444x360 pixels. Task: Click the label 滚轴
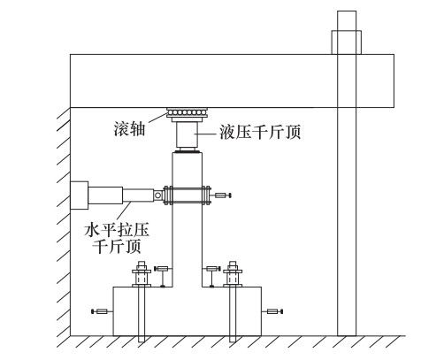click(129, 129)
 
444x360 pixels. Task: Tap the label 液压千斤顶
click(260, 132)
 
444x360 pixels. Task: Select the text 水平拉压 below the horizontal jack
click(117, 230)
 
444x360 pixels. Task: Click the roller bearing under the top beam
click(188, 112)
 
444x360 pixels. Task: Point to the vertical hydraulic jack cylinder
click(188, 134)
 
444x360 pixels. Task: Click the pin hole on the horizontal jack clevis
click(158, 195)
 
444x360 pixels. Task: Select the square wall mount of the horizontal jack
click(80, 195)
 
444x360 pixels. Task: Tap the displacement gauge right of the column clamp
click(223, 195)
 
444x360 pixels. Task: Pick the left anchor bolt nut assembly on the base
click(142, 274)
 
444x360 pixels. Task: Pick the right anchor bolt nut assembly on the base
click(233, 274)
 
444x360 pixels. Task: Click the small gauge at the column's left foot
click(162, 276)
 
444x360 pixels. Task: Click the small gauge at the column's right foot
click(212, 276)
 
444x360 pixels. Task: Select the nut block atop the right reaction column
click(347, 42)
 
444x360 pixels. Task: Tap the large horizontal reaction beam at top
click(232, 80)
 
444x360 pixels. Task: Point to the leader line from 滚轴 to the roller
click(157, 118)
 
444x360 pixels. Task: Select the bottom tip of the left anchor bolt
click(142, 341)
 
